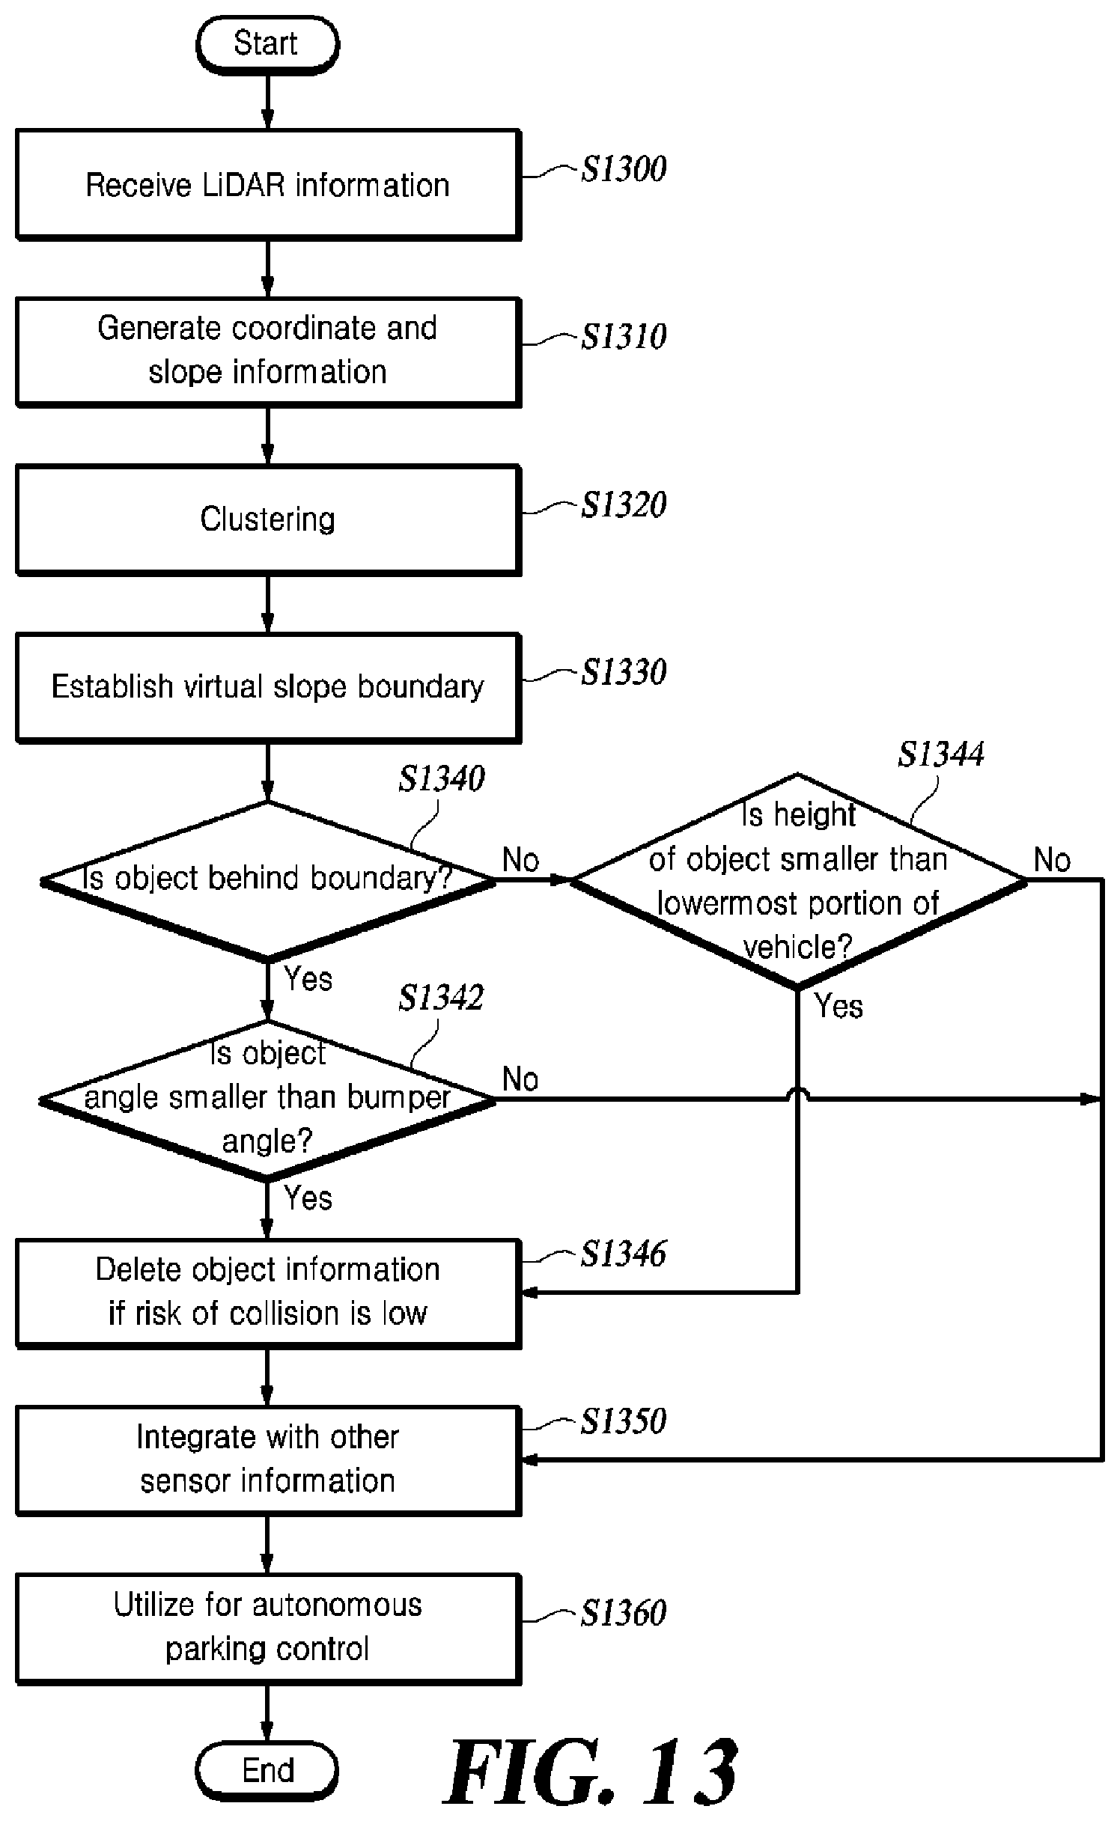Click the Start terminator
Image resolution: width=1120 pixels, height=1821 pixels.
(x=267, y=44)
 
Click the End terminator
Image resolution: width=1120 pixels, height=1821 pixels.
(x=267, y=1771)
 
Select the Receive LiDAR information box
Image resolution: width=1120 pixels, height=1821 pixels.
(x=268, y=185)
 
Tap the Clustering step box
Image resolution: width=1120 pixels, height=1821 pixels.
(x=268, y=520)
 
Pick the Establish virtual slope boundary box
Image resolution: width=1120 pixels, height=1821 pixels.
(x=268, y=688)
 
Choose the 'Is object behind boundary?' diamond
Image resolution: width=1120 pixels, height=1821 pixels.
(x=268, y=880)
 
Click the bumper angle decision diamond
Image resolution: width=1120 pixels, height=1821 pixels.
(x=268, y=1100)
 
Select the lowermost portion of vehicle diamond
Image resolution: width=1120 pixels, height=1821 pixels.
(x=798, y=880)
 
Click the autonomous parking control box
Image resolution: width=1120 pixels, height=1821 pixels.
(x=268, y=1628)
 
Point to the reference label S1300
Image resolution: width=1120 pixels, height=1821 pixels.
(x=624, y=169)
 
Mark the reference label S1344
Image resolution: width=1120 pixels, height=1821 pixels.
(x=941, y=754)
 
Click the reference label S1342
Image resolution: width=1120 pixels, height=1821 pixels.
(x=441, y=997)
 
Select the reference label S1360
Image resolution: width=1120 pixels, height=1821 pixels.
(x=624, y=1614)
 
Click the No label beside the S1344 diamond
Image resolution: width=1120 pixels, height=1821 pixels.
(x=1052, y=860)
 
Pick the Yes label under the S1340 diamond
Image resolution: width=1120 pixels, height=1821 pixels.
(x=308, y=979)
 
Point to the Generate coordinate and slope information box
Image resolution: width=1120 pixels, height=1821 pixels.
(x=268, y=352)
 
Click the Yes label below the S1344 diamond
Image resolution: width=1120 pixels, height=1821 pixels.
(x=839, y=1006)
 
